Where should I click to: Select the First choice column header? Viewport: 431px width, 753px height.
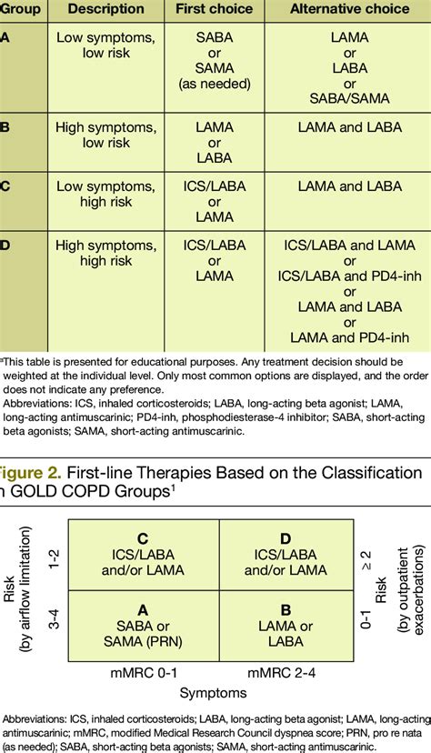click(x=215, y=8)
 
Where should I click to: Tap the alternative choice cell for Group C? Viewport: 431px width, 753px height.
click(x=349, y=187)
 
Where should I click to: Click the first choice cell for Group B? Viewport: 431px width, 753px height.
click(x=215, y=143)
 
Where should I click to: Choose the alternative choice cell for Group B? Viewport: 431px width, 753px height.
click(x=349, y=128)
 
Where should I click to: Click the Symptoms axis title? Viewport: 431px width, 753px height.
click(x=213, y=693)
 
